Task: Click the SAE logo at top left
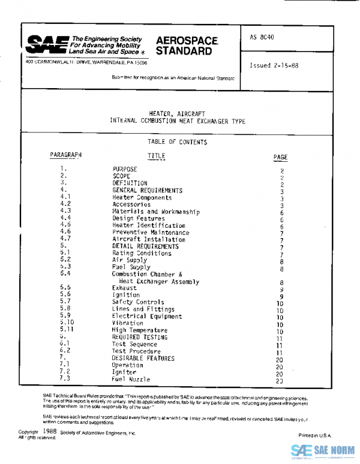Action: tap(46, 44)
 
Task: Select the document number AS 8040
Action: tap(263, 37)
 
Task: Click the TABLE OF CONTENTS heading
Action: tap(177, 142)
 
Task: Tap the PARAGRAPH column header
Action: tap(66, 155)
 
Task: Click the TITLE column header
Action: tap(156, 156)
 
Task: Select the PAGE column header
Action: tap(280, 158)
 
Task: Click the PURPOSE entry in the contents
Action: tap(125, 170)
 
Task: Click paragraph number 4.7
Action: tap(66, 239)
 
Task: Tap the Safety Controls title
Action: tap(137, 302)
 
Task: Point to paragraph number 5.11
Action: tap(67, 330)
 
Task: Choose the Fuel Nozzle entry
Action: tap(131, 379)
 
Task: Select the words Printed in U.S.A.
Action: tap(314, 435)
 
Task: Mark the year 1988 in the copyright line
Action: tap(50, 431)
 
